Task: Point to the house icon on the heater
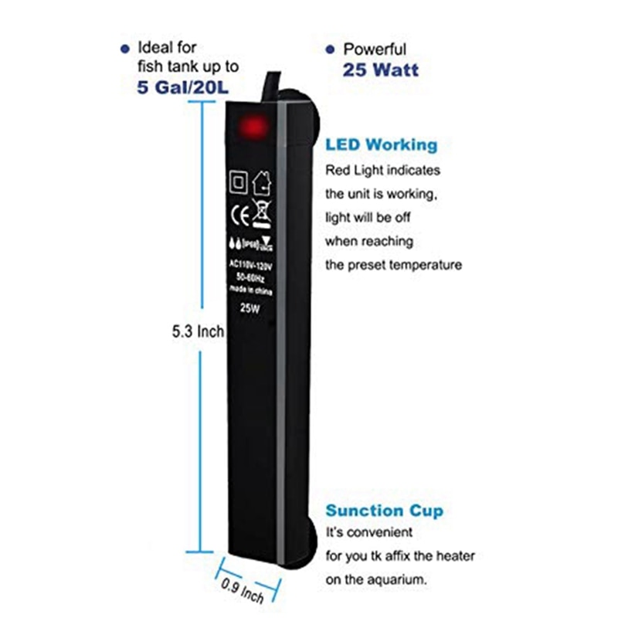click(260, 182)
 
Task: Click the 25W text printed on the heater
click(249, 307)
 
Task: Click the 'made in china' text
click(249, 288)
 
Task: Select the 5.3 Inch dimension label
click(198, 332)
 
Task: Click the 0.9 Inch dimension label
click(243, 589)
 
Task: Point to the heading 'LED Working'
click(381, 144)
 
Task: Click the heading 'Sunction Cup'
click(384, 511)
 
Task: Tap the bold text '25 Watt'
click(380, 70)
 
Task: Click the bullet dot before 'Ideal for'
click(125, 49)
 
